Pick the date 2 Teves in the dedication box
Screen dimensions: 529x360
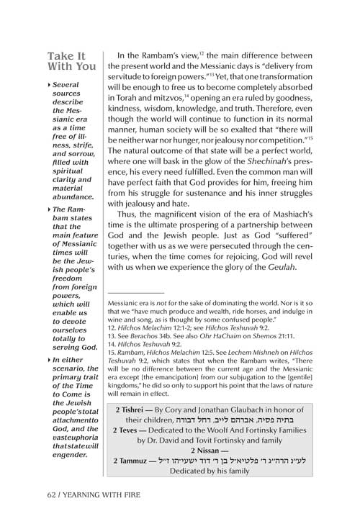click(132, 436)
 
